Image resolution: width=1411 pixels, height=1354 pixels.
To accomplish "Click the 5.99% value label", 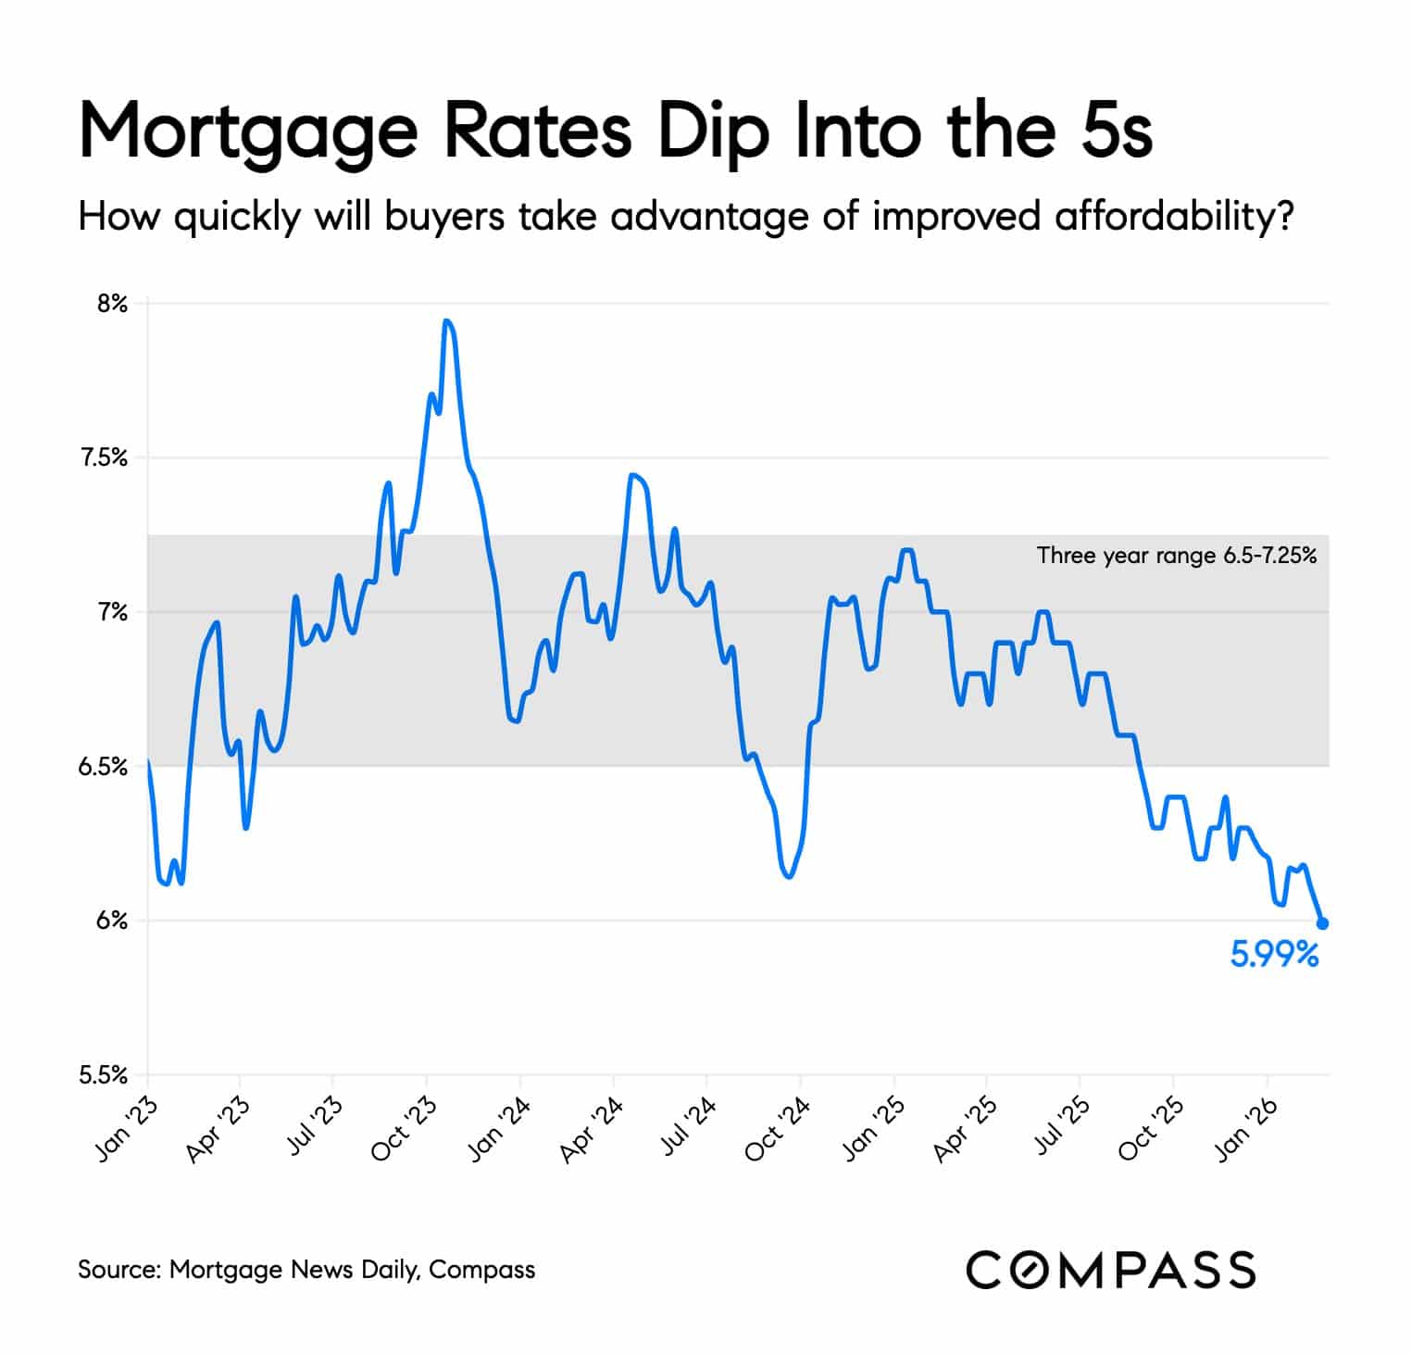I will (x=1273, y=954).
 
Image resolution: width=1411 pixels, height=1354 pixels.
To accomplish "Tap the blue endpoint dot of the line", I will (x=1322, y=923).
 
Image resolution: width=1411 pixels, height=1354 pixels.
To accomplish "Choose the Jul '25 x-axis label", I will (x=1060, y=1127).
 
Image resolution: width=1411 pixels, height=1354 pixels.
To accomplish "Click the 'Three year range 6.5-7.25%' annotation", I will (x=1176, y=556).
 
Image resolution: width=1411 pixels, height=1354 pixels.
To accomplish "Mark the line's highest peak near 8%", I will (x=447, y=321).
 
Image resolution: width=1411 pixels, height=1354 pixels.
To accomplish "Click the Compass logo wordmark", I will (x=1110, y=1269).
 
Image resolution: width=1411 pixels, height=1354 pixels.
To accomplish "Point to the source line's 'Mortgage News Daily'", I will (x=294, y=1269).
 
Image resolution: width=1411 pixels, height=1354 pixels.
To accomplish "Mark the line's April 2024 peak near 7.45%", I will (x=632, y=476).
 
